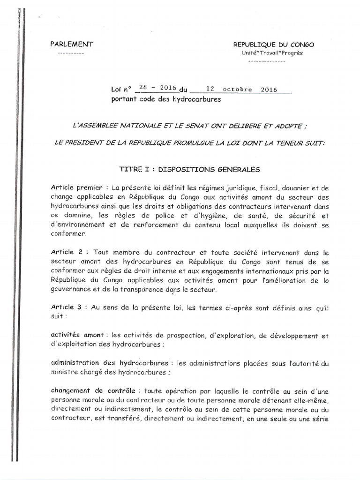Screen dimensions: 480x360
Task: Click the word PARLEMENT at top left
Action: [72, 44]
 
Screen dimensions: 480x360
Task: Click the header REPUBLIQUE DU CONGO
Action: [274, 45]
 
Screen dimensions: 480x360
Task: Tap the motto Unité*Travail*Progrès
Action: [272, 53]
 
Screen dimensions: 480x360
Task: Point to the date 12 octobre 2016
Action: [241, 89]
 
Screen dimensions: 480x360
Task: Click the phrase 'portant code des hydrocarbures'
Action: [165, 99]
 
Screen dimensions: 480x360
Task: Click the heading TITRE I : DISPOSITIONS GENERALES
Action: [189, 169]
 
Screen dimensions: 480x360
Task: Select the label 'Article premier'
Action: [74, 187]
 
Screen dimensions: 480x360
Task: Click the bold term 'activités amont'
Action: [77, 336]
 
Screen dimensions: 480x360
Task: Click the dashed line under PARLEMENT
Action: [70, 53]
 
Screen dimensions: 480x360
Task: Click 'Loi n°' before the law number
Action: [122, 89]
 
